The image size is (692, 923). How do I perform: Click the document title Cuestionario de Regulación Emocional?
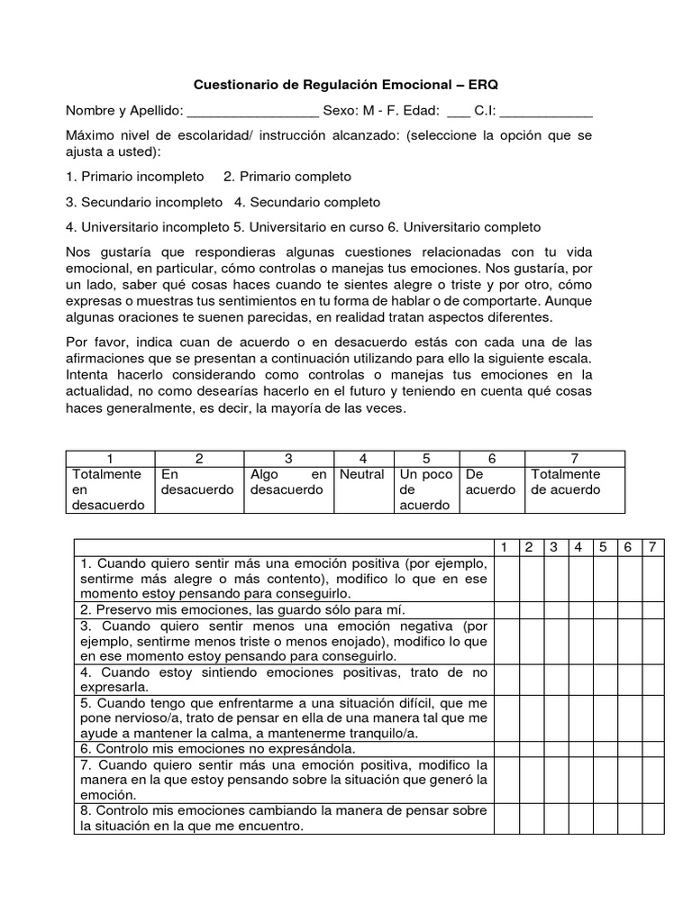pos(346,85)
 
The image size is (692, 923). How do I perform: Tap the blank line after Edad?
pos(458,112)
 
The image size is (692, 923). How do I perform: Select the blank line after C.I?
pos(545,112)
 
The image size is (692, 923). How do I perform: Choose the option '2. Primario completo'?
pos(287,176)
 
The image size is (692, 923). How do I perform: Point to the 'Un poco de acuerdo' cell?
pos(426,489)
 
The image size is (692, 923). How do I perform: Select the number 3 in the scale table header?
pos(288,458)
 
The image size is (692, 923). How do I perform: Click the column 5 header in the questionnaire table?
pos(604,547)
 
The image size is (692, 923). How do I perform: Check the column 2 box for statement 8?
pos(530,818)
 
